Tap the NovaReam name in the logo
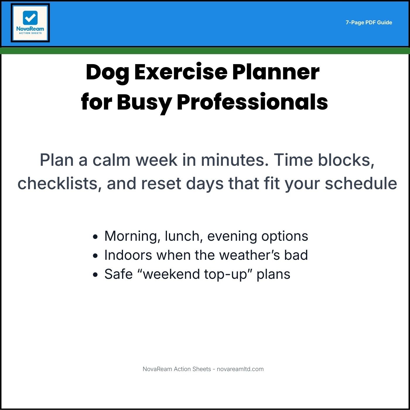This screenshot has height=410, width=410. tap(30, 29)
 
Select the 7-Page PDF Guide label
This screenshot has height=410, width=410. tap(369, 23)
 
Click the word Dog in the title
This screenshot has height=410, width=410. tap(107, 72)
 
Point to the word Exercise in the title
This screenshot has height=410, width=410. tap(181, 72)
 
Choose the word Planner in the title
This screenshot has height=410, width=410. tap(276, 72)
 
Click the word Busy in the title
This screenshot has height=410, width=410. tap(144, 102)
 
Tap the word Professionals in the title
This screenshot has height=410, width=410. tap(252, 102)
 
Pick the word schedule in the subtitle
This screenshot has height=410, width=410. tap(361, 184)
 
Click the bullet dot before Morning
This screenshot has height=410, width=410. tap(95, 237)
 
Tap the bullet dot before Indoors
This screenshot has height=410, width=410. tap(95, 256)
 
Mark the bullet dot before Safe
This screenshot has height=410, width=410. tap(95, 275)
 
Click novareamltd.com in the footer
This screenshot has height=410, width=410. tap(240, 369)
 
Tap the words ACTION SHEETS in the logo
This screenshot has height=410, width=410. tap(30, 33)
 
